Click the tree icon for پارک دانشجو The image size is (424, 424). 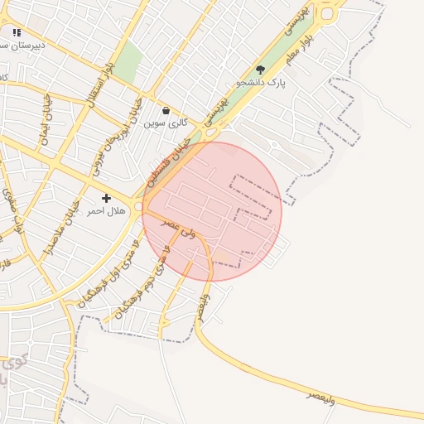(x=261, y=70)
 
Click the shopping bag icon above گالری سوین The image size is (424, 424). (x=166, y=110)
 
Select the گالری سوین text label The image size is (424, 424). (x=166, y=123)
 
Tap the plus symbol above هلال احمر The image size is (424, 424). (x=106, y=199)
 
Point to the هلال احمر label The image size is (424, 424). (x=106, y=211)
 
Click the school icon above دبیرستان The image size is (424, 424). (x=17, y=33)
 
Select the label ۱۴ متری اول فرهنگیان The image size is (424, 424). (x=108, y=273)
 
